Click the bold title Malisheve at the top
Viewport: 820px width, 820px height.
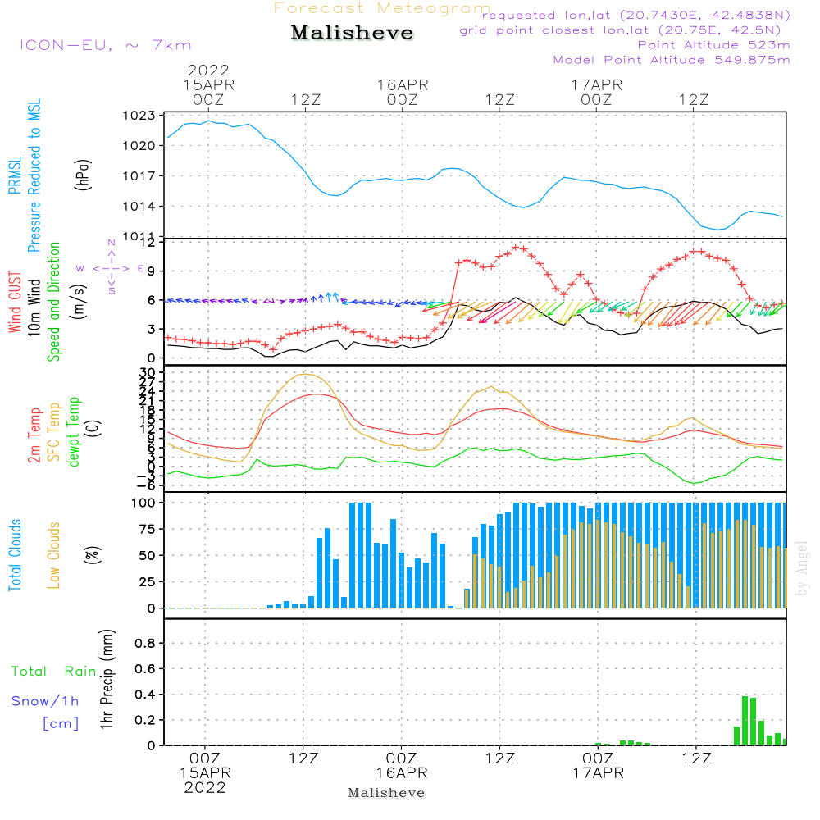click(x=352, y=33)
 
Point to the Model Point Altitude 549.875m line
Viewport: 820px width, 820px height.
click(x=672, y=60)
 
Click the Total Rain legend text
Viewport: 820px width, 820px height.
click(x=54, y=672)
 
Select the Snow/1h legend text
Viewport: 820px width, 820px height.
click(x=46, y=701)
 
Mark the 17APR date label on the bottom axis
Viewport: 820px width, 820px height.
click(x=597, y=773)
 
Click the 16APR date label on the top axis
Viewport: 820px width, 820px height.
click(x=403, y=84)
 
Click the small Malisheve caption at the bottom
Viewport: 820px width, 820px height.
click(x=387, y=793)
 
